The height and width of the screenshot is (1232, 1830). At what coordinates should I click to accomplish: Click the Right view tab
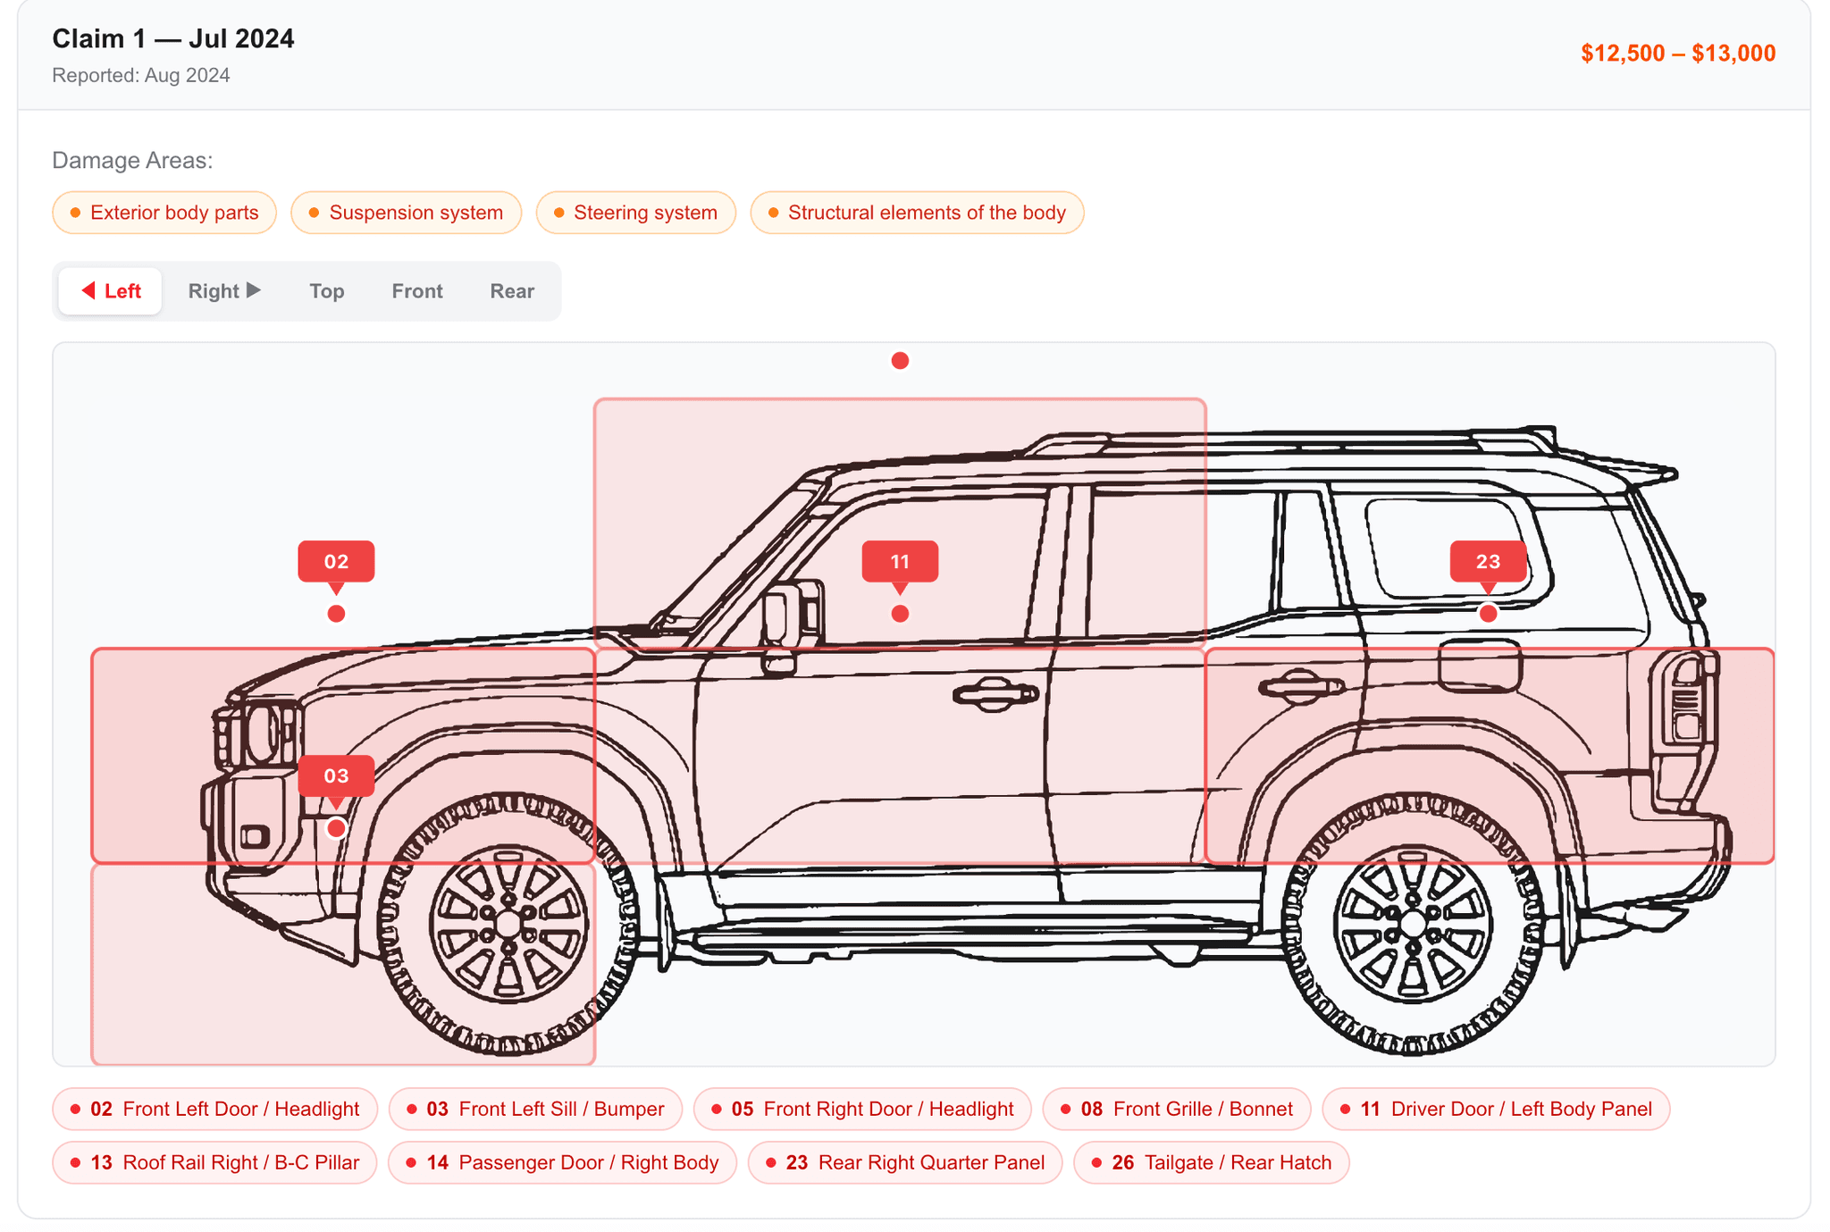223,291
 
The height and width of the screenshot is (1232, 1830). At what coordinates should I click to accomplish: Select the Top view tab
326,291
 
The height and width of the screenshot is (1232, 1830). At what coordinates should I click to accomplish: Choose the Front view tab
416,291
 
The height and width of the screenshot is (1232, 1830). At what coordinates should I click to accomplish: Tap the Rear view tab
511,291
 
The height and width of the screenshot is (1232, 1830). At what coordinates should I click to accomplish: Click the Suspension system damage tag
406,213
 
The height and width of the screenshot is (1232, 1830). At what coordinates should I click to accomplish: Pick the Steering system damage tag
635,213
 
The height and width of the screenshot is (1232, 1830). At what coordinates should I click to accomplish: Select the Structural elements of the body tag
917,213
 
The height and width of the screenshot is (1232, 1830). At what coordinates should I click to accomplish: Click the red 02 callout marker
336,561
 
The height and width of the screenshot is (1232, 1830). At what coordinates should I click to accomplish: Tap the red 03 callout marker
336,775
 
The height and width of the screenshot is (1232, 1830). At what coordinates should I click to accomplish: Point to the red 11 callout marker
900,561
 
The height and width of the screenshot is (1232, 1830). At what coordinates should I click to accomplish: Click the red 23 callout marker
1488,561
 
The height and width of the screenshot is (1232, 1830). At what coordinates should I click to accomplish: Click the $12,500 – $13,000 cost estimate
1677,54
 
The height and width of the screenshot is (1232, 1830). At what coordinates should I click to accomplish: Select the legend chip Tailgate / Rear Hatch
1211,1162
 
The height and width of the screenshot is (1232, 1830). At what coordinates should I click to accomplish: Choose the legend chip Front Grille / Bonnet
1176,1109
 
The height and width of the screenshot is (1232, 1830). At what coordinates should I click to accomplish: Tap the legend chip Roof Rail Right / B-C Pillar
214,1162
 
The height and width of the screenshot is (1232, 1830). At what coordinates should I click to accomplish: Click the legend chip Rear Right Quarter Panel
904,1162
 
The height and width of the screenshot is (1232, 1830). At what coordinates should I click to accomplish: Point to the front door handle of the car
995,693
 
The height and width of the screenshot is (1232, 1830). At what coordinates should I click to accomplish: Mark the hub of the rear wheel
1413,924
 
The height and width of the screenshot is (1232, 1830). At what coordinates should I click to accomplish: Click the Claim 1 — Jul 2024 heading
172,38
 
